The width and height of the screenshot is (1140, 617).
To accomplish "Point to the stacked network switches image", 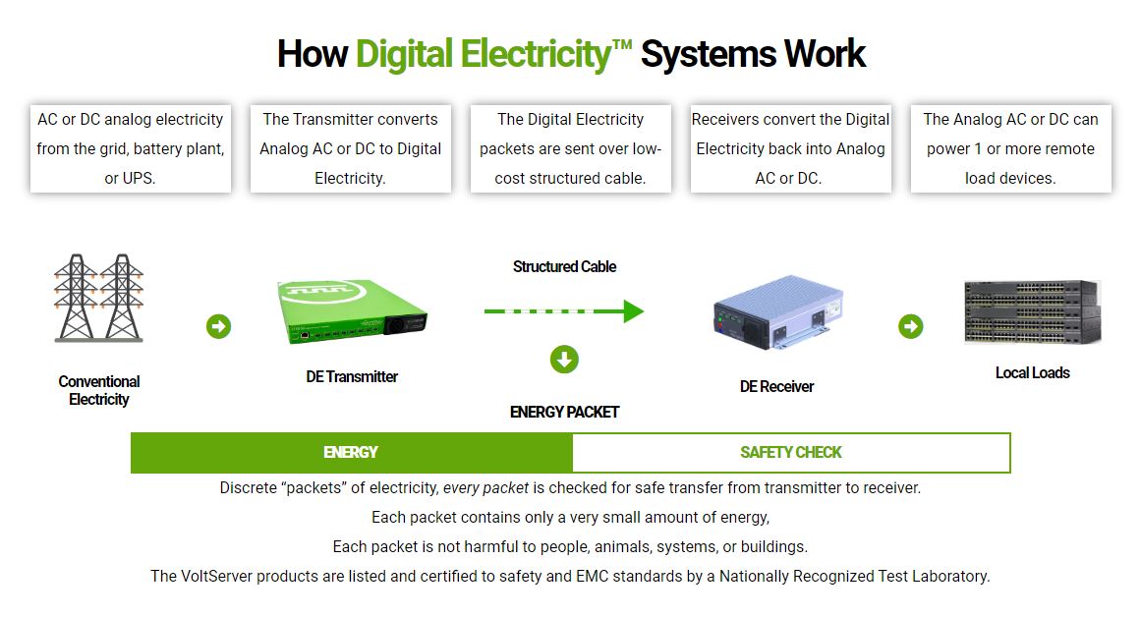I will pyautogui.click(x=1032, y=311).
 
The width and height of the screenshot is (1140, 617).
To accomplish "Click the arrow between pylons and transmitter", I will pyautogui.click(x=218, y=326).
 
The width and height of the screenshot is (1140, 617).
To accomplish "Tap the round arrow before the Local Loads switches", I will pyautogui.click(x=911, y=326).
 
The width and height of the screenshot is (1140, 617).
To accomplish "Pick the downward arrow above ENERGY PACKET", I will pyautogui.click(x=564, y=360).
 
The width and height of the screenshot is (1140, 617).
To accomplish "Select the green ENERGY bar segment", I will pyautogui.click(x=351, y=453).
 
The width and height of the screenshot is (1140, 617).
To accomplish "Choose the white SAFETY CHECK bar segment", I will pyautogui.click(x=791, y=453).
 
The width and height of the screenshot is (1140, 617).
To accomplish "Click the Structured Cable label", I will pyautogui.click(x=564, y=267).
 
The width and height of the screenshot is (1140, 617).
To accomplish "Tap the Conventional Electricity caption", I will pyautogui.click(x=98, y=390).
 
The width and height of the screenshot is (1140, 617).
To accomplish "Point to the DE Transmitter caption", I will pyautogui.click(x=352, y=376).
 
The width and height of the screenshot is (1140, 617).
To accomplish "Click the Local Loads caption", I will pyautogui.click(x=1032, y=373).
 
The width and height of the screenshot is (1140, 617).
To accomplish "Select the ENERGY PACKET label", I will pyautogui.click(x=564, y=413).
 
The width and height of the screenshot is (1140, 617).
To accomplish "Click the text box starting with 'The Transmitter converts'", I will pyautogui.click(x=351, y=148).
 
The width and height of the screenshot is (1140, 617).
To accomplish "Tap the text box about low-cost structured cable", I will pyautogui.click(x=571, y=148).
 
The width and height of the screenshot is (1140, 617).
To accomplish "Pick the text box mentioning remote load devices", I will pyautogui.click(x=1010, y=148).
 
